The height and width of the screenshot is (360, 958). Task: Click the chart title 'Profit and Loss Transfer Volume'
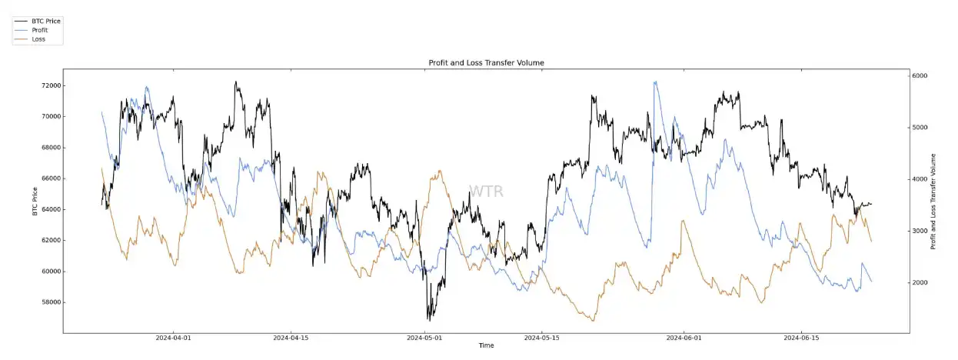(x=486, y=62)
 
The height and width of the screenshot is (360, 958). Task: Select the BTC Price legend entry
(x=46, y=21)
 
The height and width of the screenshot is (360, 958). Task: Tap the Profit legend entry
(x=40, y=29)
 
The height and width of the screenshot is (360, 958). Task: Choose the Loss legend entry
(x=38, y=38)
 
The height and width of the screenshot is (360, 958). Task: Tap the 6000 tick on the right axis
(x=920, y=75)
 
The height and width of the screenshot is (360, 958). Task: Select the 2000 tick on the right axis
(x=920, y=283)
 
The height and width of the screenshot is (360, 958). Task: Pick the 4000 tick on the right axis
(x=920, y=179)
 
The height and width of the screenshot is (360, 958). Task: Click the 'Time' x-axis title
(x=486, y=346)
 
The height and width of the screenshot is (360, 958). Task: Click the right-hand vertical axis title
(x=933, y=202)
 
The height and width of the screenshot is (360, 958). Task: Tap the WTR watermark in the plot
(x=486, y=192)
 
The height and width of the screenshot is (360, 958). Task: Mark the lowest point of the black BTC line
(x=428, y=319)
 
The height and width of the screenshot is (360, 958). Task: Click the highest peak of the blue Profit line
(x=655, y=82)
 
